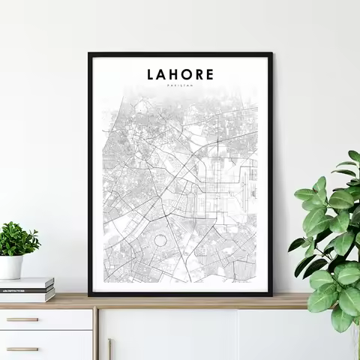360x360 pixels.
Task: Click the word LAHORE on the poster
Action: [x=180, y=75]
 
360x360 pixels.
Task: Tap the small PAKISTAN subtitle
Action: [x=180, y=87]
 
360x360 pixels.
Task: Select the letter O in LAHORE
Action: [x=185, y=75]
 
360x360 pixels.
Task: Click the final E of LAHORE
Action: [x=209, y=75]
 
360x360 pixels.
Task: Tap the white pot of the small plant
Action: [x=11, y=267]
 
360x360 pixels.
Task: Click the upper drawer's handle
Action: [x=22, y=319]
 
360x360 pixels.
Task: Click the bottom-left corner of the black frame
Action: [x=90, y=294]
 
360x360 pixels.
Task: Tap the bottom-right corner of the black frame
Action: [x=271, y=294]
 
